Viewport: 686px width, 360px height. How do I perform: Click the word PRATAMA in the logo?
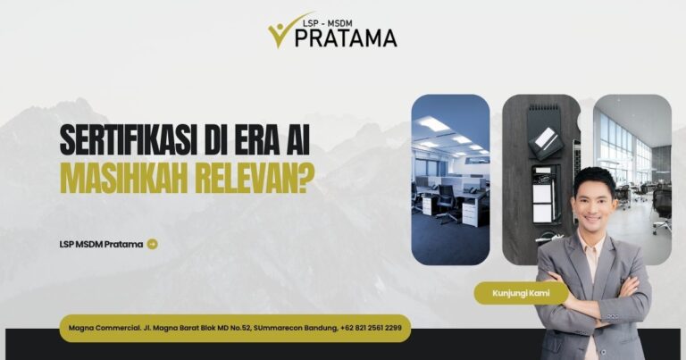click(x=346, y=38)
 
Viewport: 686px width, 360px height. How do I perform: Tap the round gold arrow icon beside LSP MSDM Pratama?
click(x=152, y=244)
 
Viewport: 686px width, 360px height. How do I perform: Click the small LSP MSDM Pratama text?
click(x=101, y=244)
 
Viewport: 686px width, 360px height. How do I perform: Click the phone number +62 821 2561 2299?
click(x=371, y=328)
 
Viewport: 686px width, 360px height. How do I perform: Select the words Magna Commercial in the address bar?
click(x=105, y=328)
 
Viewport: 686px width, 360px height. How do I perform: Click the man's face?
click(x=595, y=205)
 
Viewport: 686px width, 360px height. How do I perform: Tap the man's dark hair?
click(x=595, y=180)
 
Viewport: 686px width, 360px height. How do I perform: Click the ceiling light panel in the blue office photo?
click(x=431, y=124)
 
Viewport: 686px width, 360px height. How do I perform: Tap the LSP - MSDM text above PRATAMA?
click(x=327, y=22)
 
